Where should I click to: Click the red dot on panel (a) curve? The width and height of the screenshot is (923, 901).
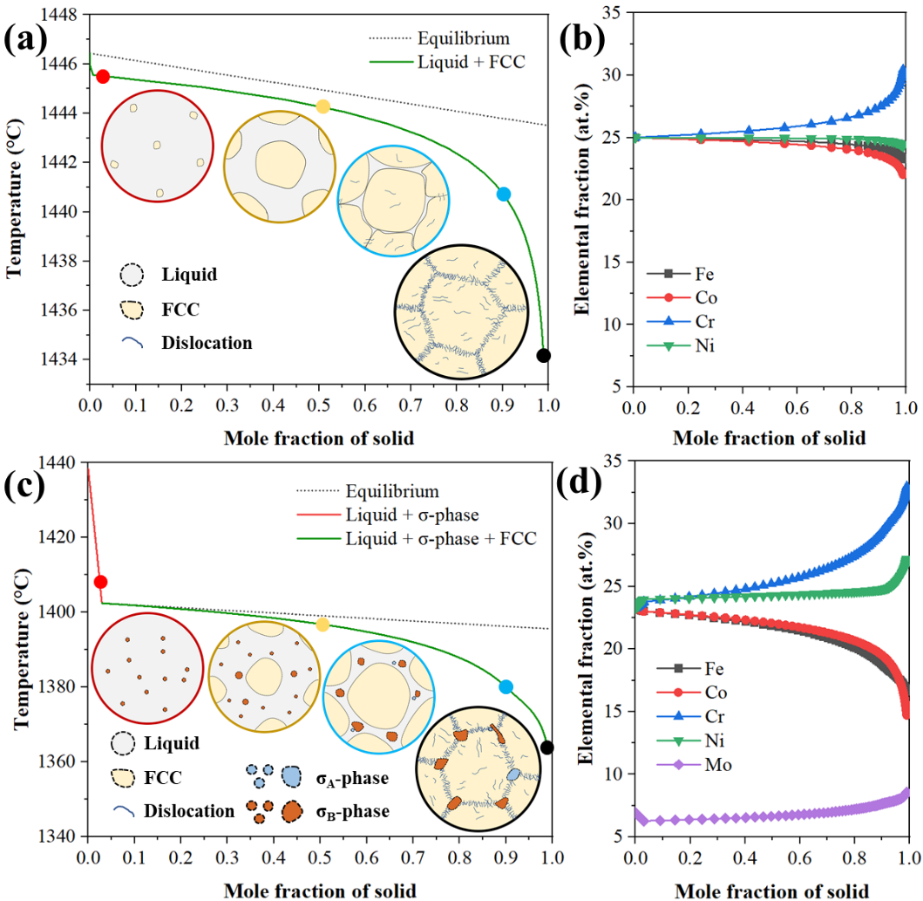[x=103, y=77]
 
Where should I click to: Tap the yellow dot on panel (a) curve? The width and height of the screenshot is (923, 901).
[x=323, y=106]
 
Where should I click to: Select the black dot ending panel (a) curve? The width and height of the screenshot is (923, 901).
[x=544, y=355]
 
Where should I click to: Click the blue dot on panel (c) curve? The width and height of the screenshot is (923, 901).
[x=506, y=686]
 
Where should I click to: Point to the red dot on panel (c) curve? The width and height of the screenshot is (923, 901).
[x=100, y=582]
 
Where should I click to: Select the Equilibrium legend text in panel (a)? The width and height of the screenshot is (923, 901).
[x=463, y=38]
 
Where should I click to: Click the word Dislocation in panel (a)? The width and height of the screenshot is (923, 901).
[x=207, y=343]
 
